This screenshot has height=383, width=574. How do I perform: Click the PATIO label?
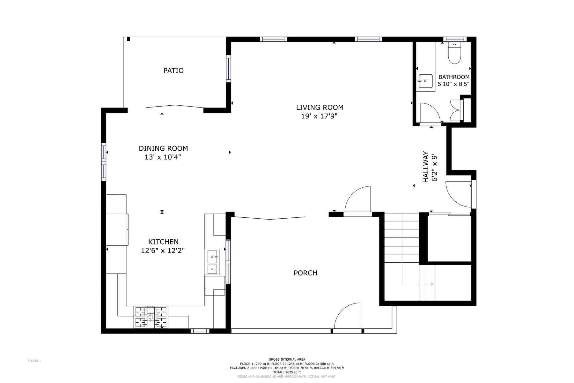coord(173,71)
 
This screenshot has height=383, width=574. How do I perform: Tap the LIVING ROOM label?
coord(320,108)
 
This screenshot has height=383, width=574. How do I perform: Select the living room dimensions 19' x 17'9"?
coord(319,116)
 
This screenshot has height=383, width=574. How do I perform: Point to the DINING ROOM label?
coord(163,148)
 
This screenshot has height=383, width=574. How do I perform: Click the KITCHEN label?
coord(163,242)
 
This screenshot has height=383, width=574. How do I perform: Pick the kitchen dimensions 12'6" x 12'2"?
coord(163,251)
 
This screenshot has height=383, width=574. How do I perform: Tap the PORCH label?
coord(305,273)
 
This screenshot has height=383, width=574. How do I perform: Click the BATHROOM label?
coord(454,77)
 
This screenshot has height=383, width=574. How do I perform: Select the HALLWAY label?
coord(426,167)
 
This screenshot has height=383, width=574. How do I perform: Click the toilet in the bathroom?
coord(455,53)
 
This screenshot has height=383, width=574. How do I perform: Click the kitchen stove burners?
coord(151,317)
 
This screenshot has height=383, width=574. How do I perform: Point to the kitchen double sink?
coord(212,262)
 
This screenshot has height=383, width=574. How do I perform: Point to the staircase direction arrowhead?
coord(432,284)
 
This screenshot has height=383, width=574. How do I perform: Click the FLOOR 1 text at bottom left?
coord(34,361)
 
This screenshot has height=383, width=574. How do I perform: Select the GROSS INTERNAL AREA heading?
coord(287,359)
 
